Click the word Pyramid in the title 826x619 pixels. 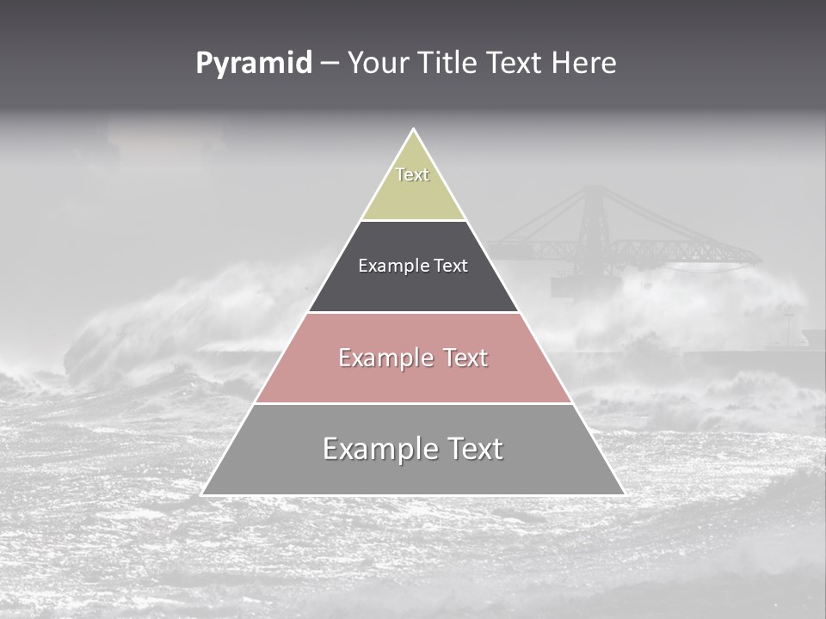pyautogui.click(x=253, y=64)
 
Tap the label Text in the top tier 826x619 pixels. pyautogui.click(x=412, y=175)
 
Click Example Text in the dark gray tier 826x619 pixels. pyautogui.click(x=413, y=266)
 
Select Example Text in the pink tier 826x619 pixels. pyautogui.click(x=413, y=358)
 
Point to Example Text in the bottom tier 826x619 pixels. pyautogui.click(x=413, y=449)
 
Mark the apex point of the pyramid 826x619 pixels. pyautogui.click(x=413, y=130)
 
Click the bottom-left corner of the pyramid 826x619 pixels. pyautogui.click(x=202, y=494)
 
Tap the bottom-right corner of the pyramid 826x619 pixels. pyautogui.click(x=624, y=494)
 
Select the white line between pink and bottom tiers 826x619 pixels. pyautogui.click(x=413, y=403)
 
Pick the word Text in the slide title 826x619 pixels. pyautogui.click(x=516, y=64)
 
